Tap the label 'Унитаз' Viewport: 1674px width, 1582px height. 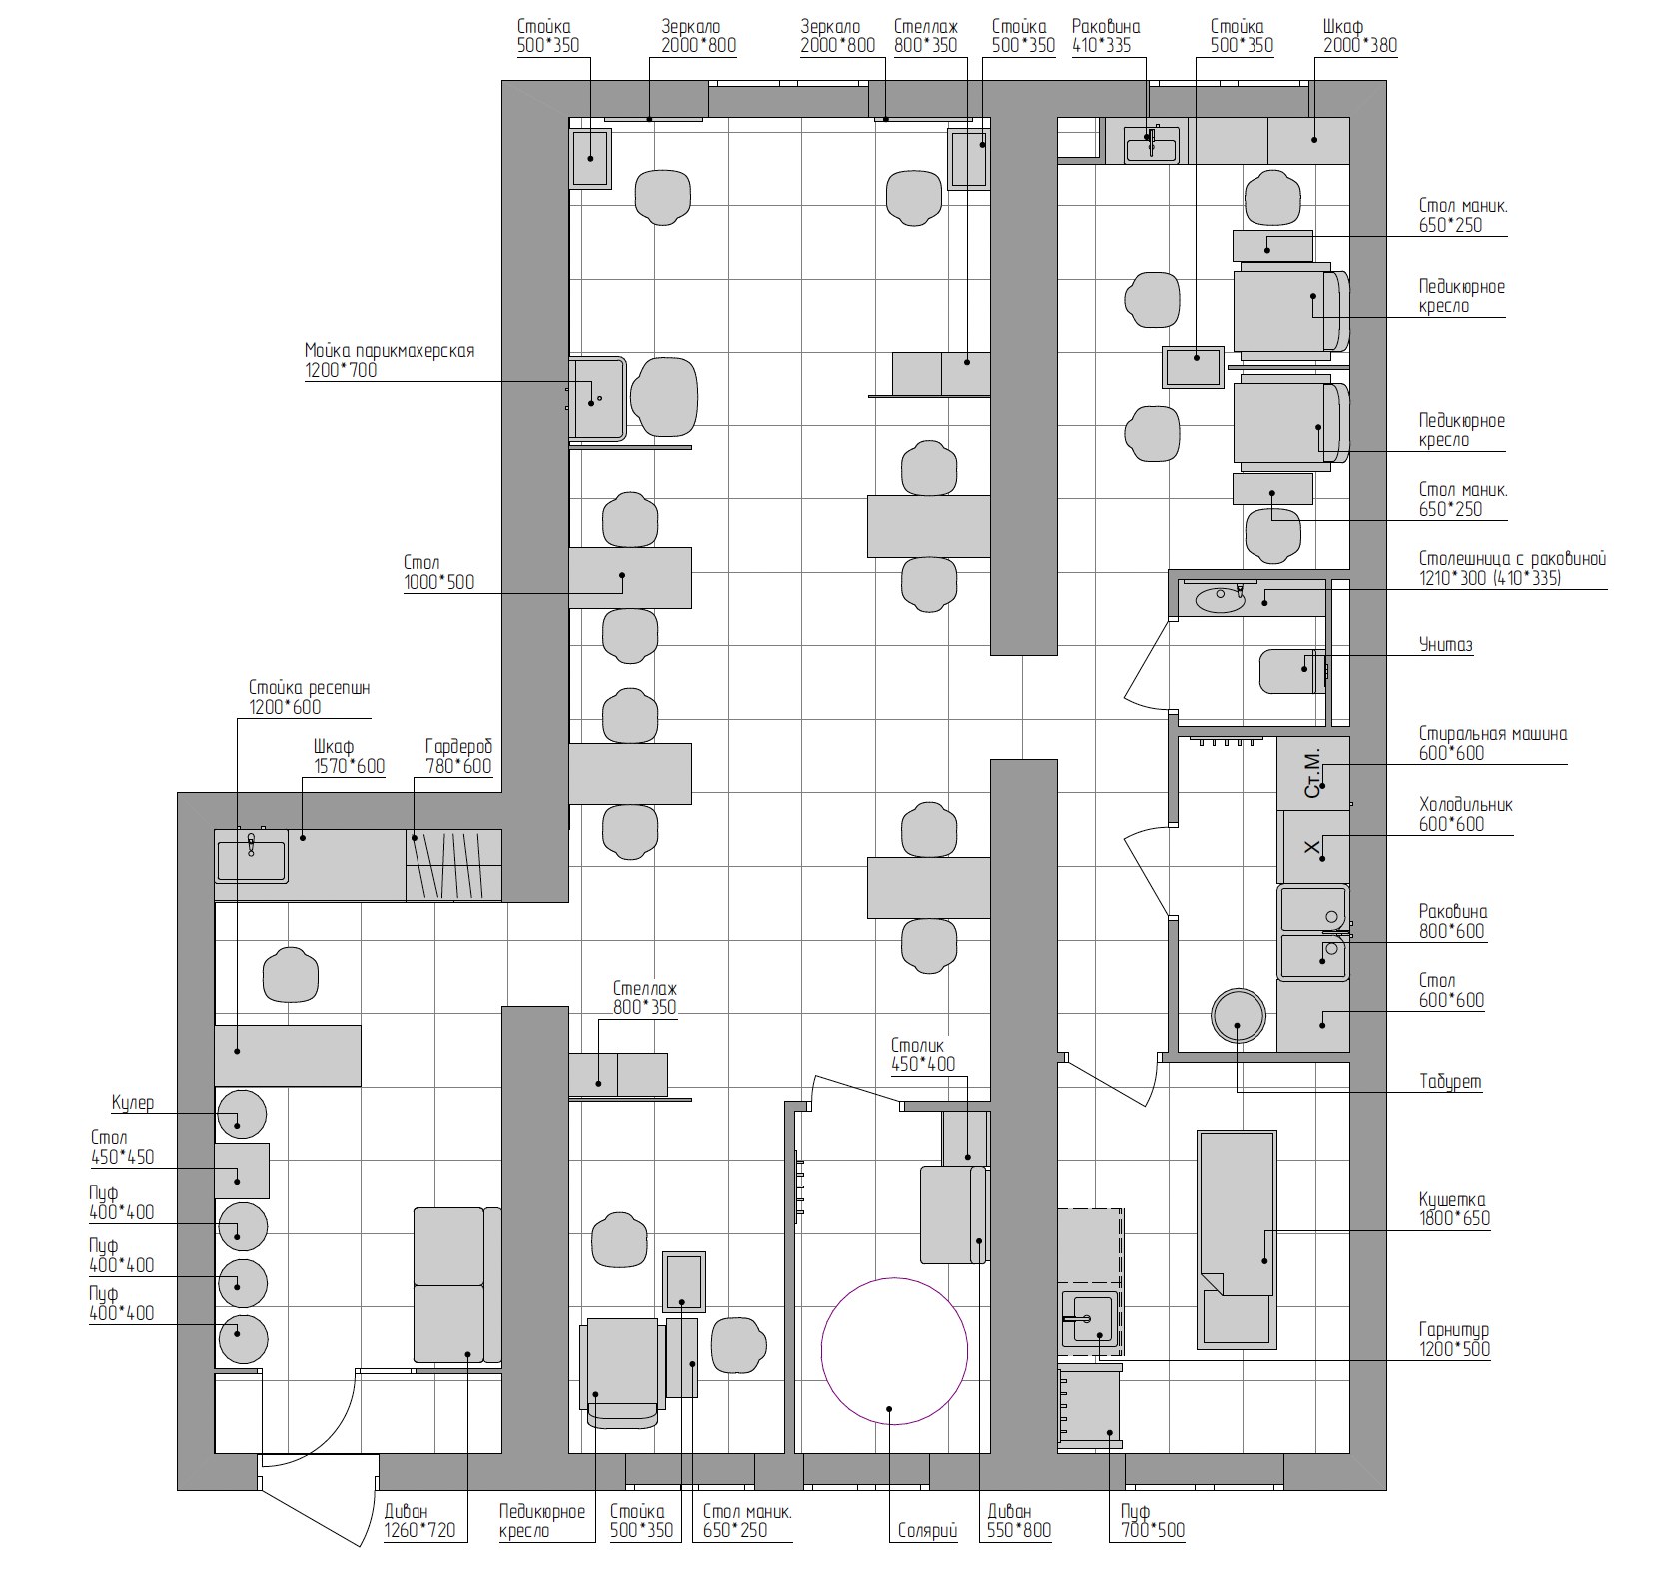[1445, 645]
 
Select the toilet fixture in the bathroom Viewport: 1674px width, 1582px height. [1292, 671]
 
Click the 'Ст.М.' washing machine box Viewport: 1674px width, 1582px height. [1313, 773]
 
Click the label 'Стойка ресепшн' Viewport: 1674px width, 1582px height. [309, 688]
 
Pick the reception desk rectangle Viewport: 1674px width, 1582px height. [288, 1056]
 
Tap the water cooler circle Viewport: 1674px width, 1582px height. [241, 1114]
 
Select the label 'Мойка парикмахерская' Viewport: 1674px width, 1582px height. [390, 351]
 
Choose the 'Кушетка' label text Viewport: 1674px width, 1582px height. [1452, 1199]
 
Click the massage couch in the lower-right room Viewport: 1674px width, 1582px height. [1237, 1239]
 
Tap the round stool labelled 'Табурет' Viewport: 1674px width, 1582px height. [1239, 1016]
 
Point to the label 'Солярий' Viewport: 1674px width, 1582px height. [927, 1530]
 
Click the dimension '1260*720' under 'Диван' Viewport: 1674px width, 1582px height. [419, 1530]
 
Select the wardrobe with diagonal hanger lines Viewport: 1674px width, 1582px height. [453, 865]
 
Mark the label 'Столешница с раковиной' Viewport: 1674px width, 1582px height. [1512, 559]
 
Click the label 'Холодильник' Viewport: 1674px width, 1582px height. [1466, 805]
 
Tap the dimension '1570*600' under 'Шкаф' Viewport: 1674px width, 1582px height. [349, 766]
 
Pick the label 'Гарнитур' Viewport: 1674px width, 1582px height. [1454, 1330]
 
